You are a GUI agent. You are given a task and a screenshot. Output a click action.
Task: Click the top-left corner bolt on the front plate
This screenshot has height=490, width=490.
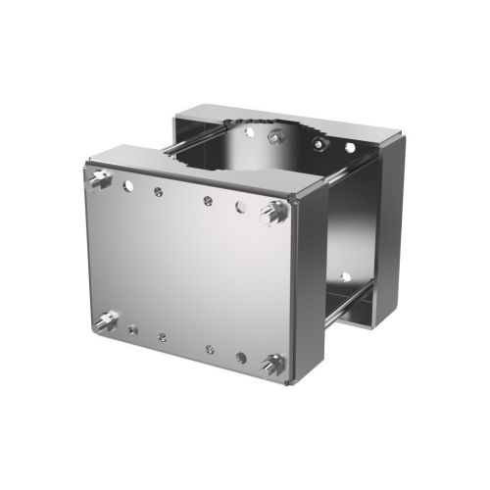coord(99,179)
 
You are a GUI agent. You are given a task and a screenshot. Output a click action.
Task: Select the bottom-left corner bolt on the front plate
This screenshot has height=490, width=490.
coord(105,320)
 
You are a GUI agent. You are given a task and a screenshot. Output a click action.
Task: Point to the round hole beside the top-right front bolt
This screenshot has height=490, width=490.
coord(241,207)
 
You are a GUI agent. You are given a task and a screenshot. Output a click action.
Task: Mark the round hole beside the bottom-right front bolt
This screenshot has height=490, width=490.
coord(241,357)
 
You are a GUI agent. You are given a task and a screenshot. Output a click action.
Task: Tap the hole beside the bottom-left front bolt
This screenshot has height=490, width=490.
coord(131,329)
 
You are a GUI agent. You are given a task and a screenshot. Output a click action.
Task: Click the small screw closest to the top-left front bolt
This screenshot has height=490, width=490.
coord(157,192)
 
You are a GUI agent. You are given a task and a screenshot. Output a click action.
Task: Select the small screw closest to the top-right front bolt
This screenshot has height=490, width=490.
coord(208,201)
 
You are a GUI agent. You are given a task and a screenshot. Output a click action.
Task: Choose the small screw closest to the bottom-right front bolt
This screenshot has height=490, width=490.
coord(210,348)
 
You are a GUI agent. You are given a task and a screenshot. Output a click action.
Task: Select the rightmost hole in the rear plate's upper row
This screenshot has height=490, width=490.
coord(349,148)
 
